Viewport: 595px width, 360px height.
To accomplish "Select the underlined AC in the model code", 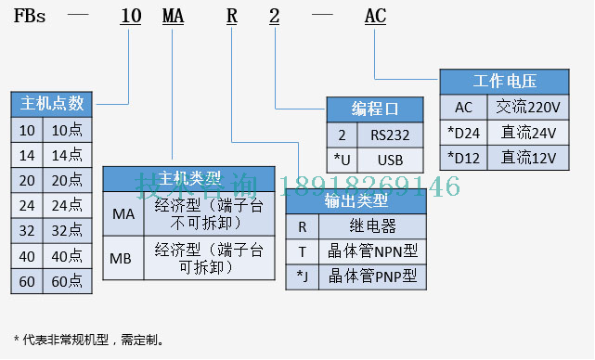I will pyautogui.click(x=375, y=16).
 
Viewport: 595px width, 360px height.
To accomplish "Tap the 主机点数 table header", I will pyautogui.click(x=52, y=103).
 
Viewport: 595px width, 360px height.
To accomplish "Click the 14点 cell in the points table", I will pyautogui.click(x=67, y=155).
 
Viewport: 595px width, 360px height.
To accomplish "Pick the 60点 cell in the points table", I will pyautogui.click(x=67, y=279).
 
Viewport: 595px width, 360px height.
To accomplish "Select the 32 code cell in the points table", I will pyautogui.click(x=27, y=229).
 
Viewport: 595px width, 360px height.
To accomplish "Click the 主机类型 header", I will pyautogui.click(x=188, y=178).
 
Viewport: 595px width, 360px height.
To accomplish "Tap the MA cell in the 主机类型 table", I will pyautogui.click(x=123, y=214).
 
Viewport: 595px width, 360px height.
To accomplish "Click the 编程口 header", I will pyautogui.click(x=376, y=108).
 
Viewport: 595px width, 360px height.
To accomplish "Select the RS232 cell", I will pyautogui.click(x=390, y=134).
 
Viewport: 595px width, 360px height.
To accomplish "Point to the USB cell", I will pyautogui.click(x=390, y=159).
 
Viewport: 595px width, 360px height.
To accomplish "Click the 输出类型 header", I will pyautogui.click(x=356, y=200).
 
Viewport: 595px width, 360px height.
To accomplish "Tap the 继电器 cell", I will pyautogui.click(x=372, y=226).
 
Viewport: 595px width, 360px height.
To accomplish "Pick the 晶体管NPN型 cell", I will pyautogui.click(x=372, y=251).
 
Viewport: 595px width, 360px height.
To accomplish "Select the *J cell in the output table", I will pyautogui.click(x=302, y=276).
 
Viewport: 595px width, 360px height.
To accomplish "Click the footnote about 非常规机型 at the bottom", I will pyautogui.click(x=89, y=340).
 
